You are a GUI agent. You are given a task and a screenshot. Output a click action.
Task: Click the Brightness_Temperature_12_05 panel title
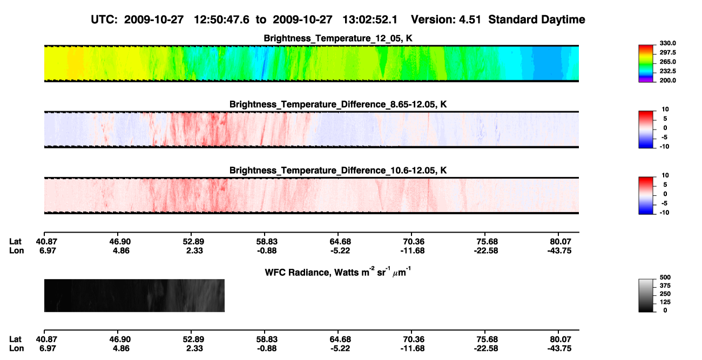(x=338, y=38)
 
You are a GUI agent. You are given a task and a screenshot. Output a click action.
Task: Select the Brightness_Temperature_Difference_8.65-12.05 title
(x=338, y=104)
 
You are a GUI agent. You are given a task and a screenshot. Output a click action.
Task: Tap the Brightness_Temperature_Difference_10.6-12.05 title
(x=338, y=171)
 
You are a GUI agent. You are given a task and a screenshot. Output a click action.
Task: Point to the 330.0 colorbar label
(x=667, y=43)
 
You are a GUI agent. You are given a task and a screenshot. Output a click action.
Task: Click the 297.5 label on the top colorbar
(x=667, y=52)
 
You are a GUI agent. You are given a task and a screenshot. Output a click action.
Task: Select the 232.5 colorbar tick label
(x=667, y=71)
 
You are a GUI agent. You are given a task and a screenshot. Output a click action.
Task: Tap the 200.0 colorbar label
(x=667, y=80)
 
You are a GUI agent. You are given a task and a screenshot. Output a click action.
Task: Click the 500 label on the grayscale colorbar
(x=665, y=277)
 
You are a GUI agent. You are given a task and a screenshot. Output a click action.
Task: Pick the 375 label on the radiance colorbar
(x=665, y=286)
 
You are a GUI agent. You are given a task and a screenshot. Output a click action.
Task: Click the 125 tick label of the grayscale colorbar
(x=665, y=302)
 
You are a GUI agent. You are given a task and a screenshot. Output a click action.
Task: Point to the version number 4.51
(x=470, y=19)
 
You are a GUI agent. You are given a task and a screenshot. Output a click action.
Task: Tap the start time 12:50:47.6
(x=221, y=19)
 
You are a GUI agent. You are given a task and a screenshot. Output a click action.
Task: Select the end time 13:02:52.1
(x=370, y=19)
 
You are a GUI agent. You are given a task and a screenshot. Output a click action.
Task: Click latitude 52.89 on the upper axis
(x=194, y=242)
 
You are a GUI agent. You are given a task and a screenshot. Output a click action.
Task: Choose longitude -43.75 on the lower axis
(x=559, y=349)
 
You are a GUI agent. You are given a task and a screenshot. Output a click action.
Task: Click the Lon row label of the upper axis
(x=16, y=250)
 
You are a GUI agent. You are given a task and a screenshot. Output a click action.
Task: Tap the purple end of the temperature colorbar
(x=646, y=81)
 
